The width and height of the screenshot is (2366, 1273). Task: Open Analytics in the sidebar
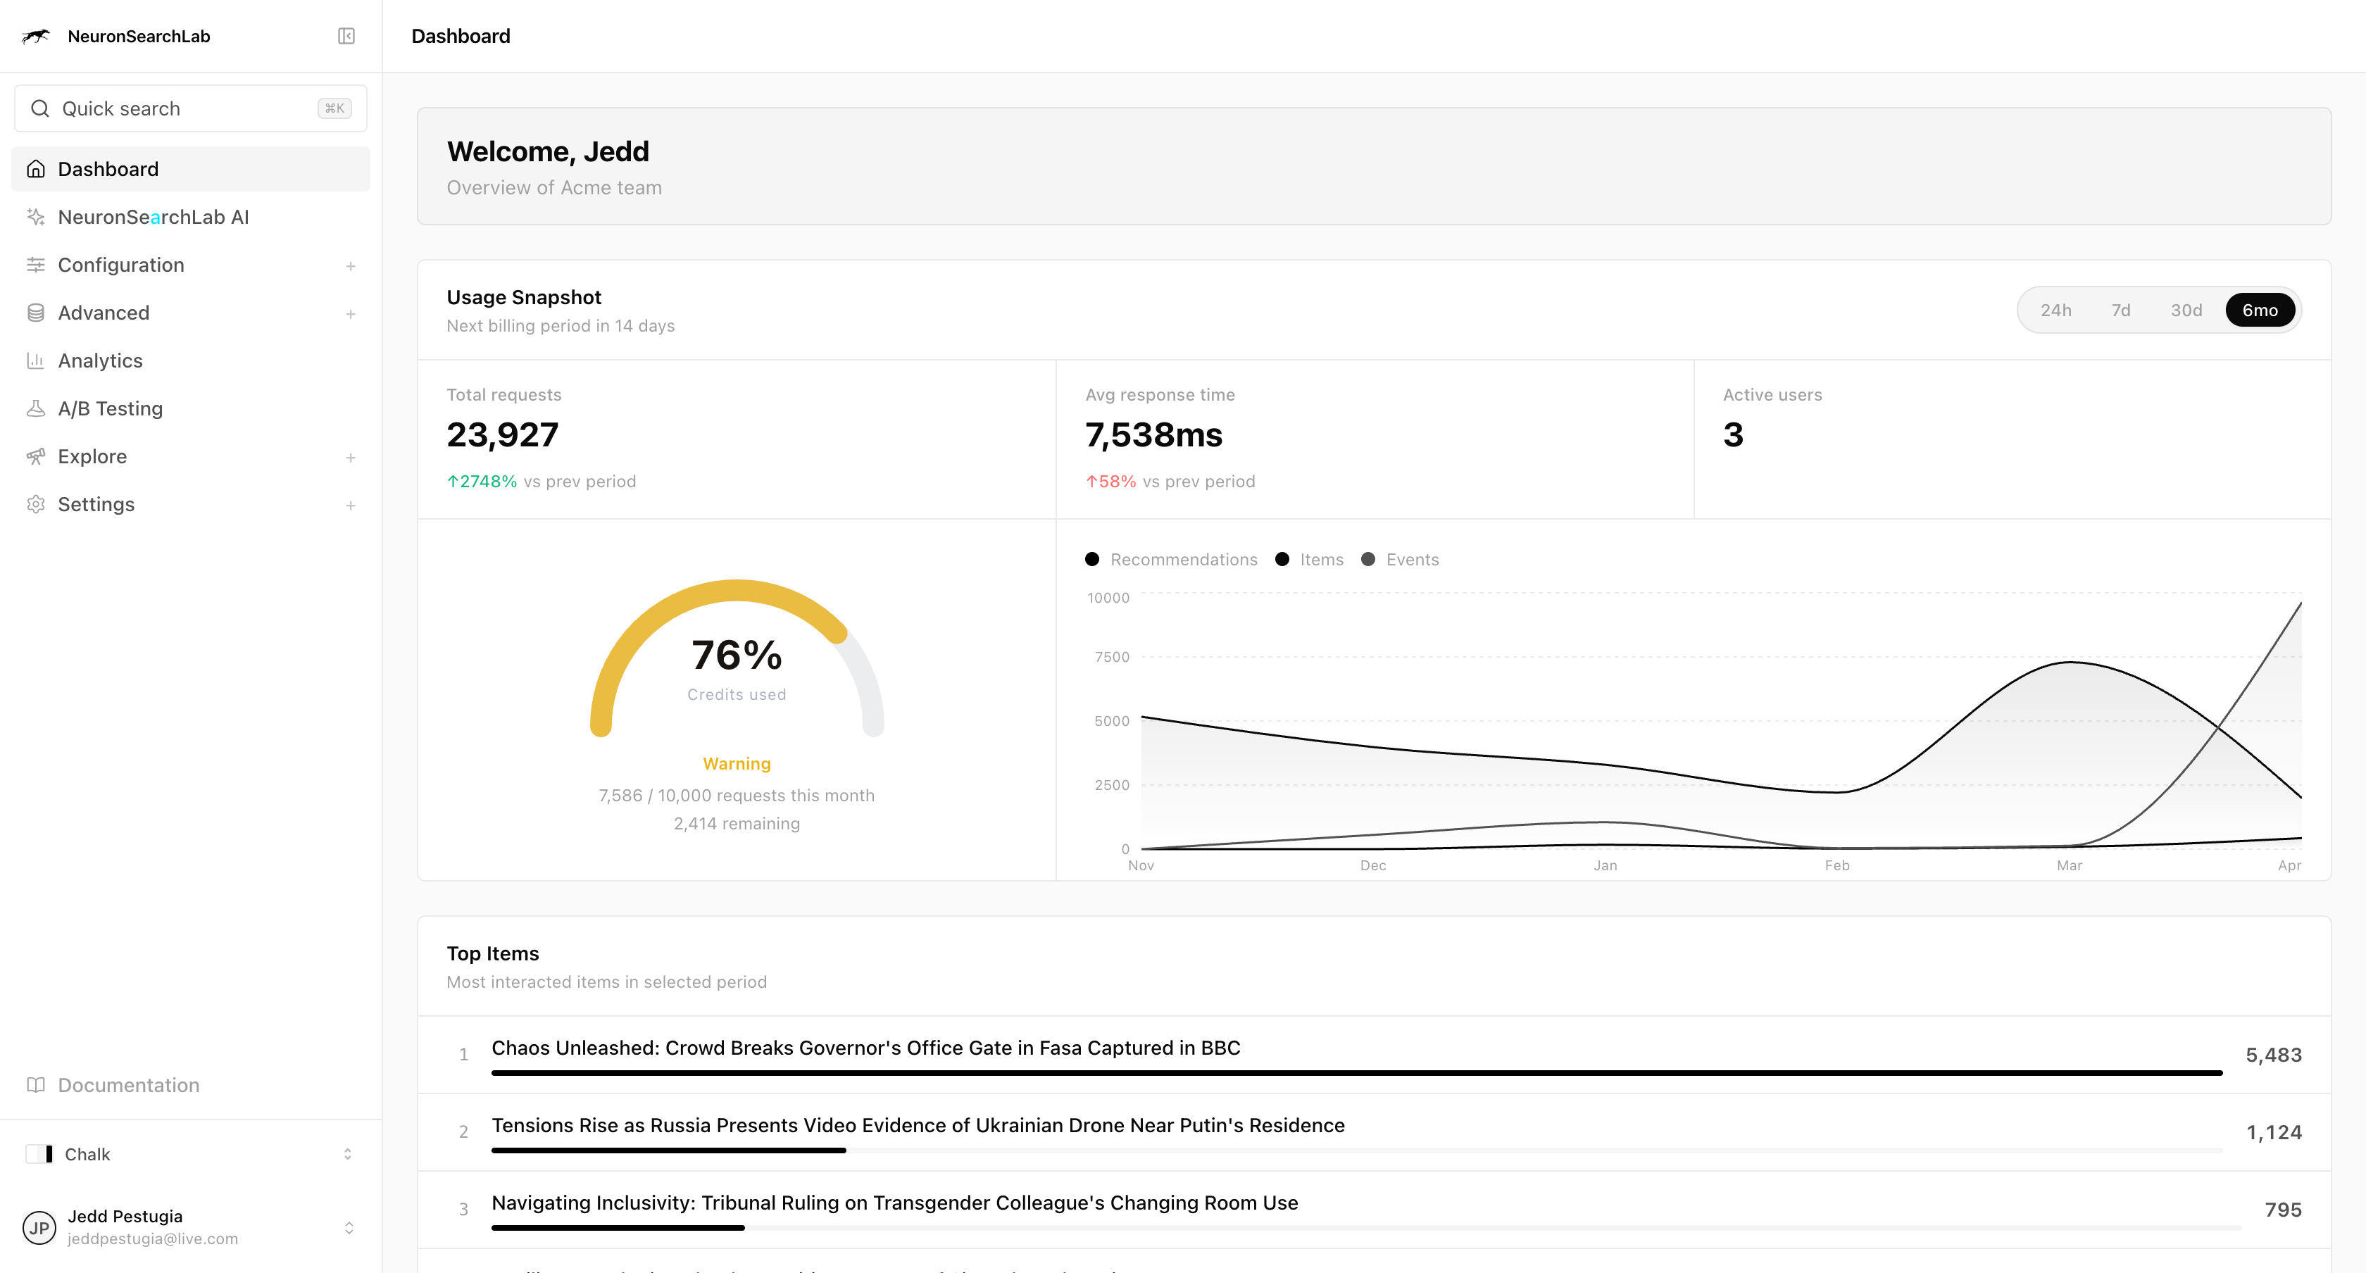tap(100, 361)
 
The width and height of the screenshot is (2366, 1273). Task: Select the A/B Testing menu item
tap(111, 408)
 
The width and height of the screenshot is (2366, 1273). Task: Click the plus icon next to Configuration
tap(350, 266)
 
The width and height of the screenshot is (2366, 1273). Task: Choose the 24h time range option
tap(2055, 311)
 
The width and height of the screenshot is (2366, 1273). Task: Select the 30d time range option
tap(2185, 311)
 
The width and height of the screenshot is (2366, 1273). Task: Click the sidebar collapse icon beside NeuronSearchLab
tap(346, 36)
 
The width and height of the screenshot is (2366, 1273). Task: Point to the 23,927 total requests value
tap(502, 435)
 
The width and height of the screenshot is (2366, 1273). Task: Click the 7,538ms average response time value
tap(1153, 435)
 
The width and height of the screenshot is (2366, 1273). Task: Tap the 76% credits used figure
tap(736, 656)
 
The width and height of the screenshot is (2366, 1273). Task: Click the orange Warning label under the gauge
tap(736, 764)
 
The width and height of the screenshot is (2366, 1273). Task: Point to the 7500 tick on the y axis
tap(1111, 657)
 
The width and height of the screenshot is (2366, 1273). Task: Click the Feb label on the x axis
tap(1837, 865)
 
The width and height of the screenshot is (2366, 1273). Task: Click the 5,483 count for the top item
tap(2273, 1055)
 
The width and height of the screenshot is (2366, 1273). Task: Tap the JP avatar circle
tap(39, 1228)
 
